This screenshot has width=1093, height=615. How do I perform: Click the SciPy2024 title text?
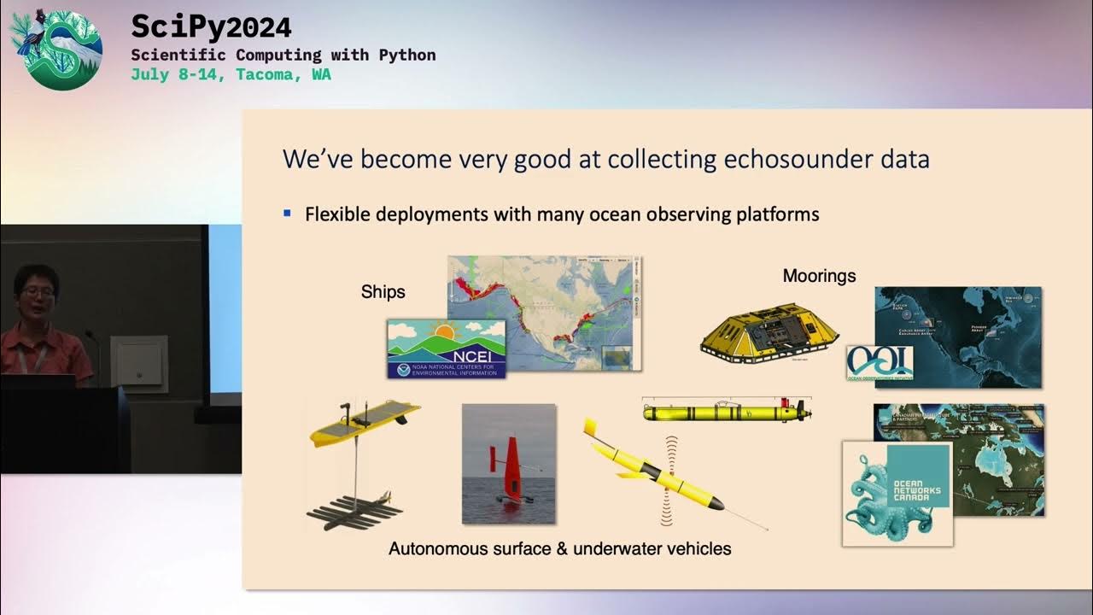(211, 27)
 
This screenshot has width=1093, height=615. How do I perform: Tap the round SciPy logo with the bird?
(56, 49)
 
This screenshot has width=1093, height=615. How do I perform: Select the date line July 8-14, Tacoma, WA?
(231, 74)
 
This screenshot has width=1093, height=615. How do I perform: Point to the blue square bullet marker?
(288, 213)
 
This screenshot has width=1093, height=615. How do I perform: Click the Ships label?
(383, 292)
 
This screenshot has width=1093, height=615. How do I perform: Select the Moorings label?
(819, 276)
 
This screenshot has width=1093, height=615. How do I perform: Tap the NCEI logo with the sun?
(446, 348)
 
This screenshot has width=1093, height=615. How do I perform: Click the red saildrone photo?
(509, 464)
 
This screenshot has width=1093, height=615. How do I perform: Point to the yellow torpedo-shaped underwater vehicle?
(726, 413)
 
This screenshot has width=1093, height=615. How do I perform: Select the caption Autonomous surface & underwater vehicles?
(559, 548)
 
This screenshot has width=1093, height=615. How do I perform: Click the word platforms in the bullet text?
(775, 214)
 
